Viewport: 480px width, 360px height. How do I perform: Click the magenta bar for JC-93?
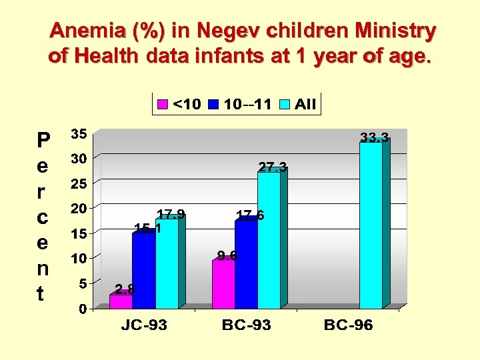[x=121, y=301]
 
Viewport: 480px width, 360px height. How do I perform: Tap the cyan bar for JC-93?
[x=167, y=264]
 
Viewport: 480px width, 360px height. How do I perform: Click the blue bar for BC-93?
[x=246, y=264]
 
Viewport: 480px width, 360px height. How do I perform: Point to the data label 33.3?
[x=375, y=138]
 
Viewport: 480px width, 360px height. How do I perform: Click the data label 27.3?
[x=273, y=167]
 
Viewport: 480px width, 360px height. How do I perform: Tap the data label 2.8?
[x=125, y=289]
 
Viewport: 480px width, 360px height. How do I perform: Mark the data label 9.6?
[x=227, y=255]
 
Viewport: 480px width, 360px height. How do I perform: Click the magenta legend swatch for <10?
[x=162, y=104]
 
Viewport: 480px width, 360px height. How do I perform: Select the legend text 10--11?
[x=247, y=104]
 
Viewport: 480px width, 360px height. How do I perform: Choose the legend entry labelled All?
[x=305, y=104]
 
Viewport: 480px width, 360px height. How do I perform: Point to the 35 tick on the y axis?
[x=79, y=134]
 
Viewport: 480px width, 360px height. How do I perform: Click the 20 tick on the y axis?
[x=79, y=209]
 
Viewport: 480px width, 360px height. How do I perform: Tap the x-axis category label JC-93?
[x=143, y=326]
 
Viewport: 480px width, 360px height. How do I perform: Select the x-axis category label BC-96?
[x=348, y=326]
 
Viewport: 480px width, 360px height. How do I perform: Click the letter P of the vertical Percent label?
[x=43, y=140]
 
